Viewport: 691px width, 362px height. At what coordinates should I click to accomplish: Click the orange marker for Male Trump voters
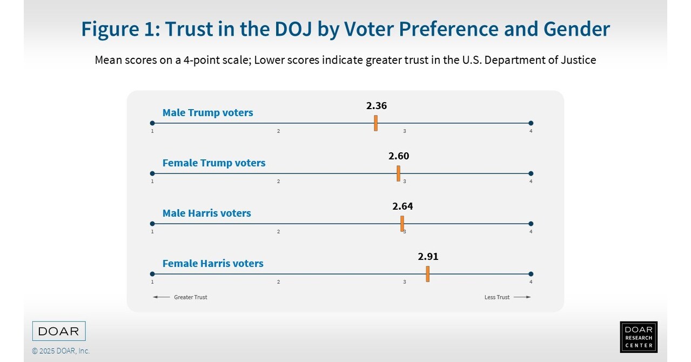tap(375, 123)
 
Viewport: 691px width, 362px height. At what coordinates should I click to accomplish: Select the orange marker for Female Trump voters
tap(398, 173)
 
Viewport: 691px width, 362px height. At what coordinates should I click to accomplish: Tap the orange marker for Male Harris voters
tap(402, 224)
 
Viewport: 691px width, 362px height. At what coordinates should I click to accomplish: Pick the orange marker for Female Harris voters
tap(427, 274)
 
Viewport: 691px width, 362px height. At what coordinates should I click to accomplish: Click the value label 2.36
tap(377, 106)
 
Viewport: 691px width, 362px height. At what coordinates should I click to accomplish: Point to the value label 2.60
tap(399, 156)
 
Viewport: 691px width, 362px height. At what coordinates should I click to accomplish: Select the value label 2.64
tap(402, 206)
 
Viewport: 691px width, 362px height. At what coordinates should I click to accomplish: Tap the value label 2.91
tap(428, 257)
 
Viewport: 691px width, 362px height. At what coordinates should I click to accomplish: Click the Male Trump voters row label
tap(207, 113)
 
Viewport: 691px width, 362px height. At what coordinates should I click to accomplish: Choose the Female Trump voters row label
tap(214, 163)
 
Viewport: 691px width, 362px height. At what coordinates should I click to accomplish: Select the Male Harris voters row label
tap(206, 213)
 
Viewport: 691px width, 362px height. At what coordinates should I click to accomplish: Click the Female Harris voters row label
tap(213, 264)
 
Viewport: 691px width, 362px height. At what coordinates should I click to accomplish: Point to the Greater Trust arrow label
tap(180, 297)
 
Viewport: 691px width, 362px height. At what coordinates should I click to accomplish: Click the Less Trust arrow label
tap(507, 297)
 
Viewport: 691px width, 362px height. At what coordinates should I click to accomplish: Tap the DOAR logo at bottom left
tap(59, 331)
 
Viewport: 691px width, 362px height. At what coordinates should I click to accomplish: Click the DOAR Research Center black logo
tap(639, 337)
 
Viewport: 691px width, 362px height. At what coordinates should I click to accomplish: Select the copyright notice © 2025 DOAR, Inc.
tap(61, 351)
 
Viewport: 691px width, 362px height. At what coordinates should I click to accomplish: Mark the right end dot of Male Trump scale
tap(531, 123)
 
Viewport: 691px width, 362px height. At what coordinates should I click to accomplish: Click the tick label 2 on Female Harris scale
tap(278, 281)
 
